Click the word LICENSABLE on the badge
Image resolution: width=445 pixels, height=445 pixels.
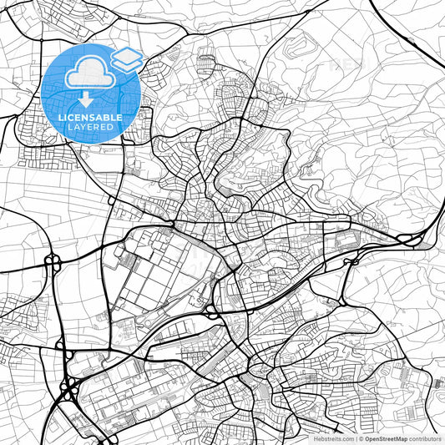coord(81,118)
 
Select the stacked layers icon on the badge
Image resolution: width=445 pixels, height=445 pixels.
coord(127,60)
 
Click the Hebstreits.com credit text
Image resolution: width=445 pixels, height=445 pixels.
coord(331,438)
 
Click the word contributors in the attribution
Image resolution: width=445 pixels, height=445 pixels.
coord(423,438)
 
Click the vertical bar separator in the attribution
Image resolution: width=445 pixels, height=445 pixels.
coord(356,438)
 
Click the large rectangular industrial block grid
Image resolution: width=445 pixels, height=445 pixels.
coord(167,267)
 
